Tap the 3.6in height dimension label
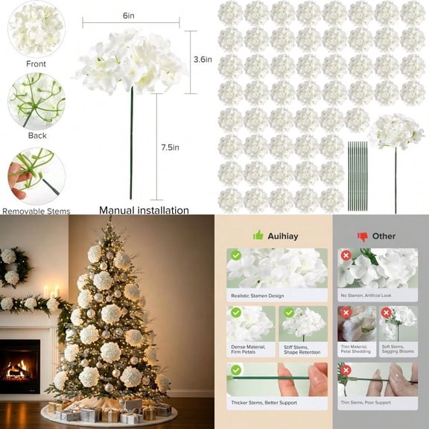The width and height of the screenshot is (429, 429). pyautogui.click(x=203, y=59)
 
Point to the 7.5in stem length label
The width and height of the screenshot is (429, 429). pyautogui.click(x=170, y=147)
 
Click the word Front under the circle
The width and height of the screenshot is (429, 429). pyautogui.click(x=36, y=64)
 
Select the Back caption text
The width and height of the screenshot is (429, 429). pyautogui.click(x=37, y=136)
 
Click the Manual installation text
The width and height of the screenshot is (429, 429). pyautogui.click(x=144, y=210)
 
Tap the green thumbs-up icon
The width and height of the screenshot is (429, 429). pyautogui.click(x=258, y=235)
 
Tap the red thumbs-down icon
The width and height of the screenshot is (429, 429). pyautogui.click(x=363, y=237)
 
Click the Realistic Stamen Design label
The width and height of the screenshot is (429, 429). pyautogui.click(x=257, y=296)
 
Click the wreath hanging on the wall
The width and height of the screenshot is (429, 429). pyautogui.click(x=13, y=266)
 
